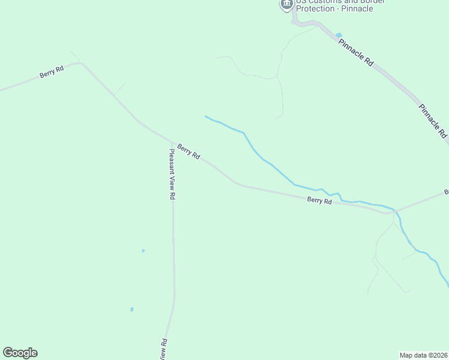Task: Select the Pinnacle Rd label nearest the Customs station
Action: coord(355,52)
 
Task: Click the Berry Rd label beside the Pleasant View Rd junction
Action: coord(188,151)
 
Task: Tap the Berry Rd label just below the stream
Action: coord(319,201)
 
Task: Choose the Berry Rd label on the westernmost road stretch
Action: coord(52,73)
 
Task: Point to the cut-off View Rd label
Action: coord(163,349)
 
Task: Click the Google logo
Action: coord(20,353)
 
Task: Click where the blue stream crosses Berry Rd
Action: coord(394,211)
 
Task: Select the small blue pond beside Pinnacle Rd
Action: coord(339,35)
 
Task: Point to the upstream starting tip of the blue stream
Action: coord(206,116)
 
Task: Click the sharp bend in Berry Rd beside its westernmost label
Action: coord(80,63)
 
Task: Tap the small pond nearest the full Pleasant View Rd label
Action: coord(143,250)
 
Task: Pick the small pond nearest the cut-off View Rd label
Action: coord(131,309)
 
